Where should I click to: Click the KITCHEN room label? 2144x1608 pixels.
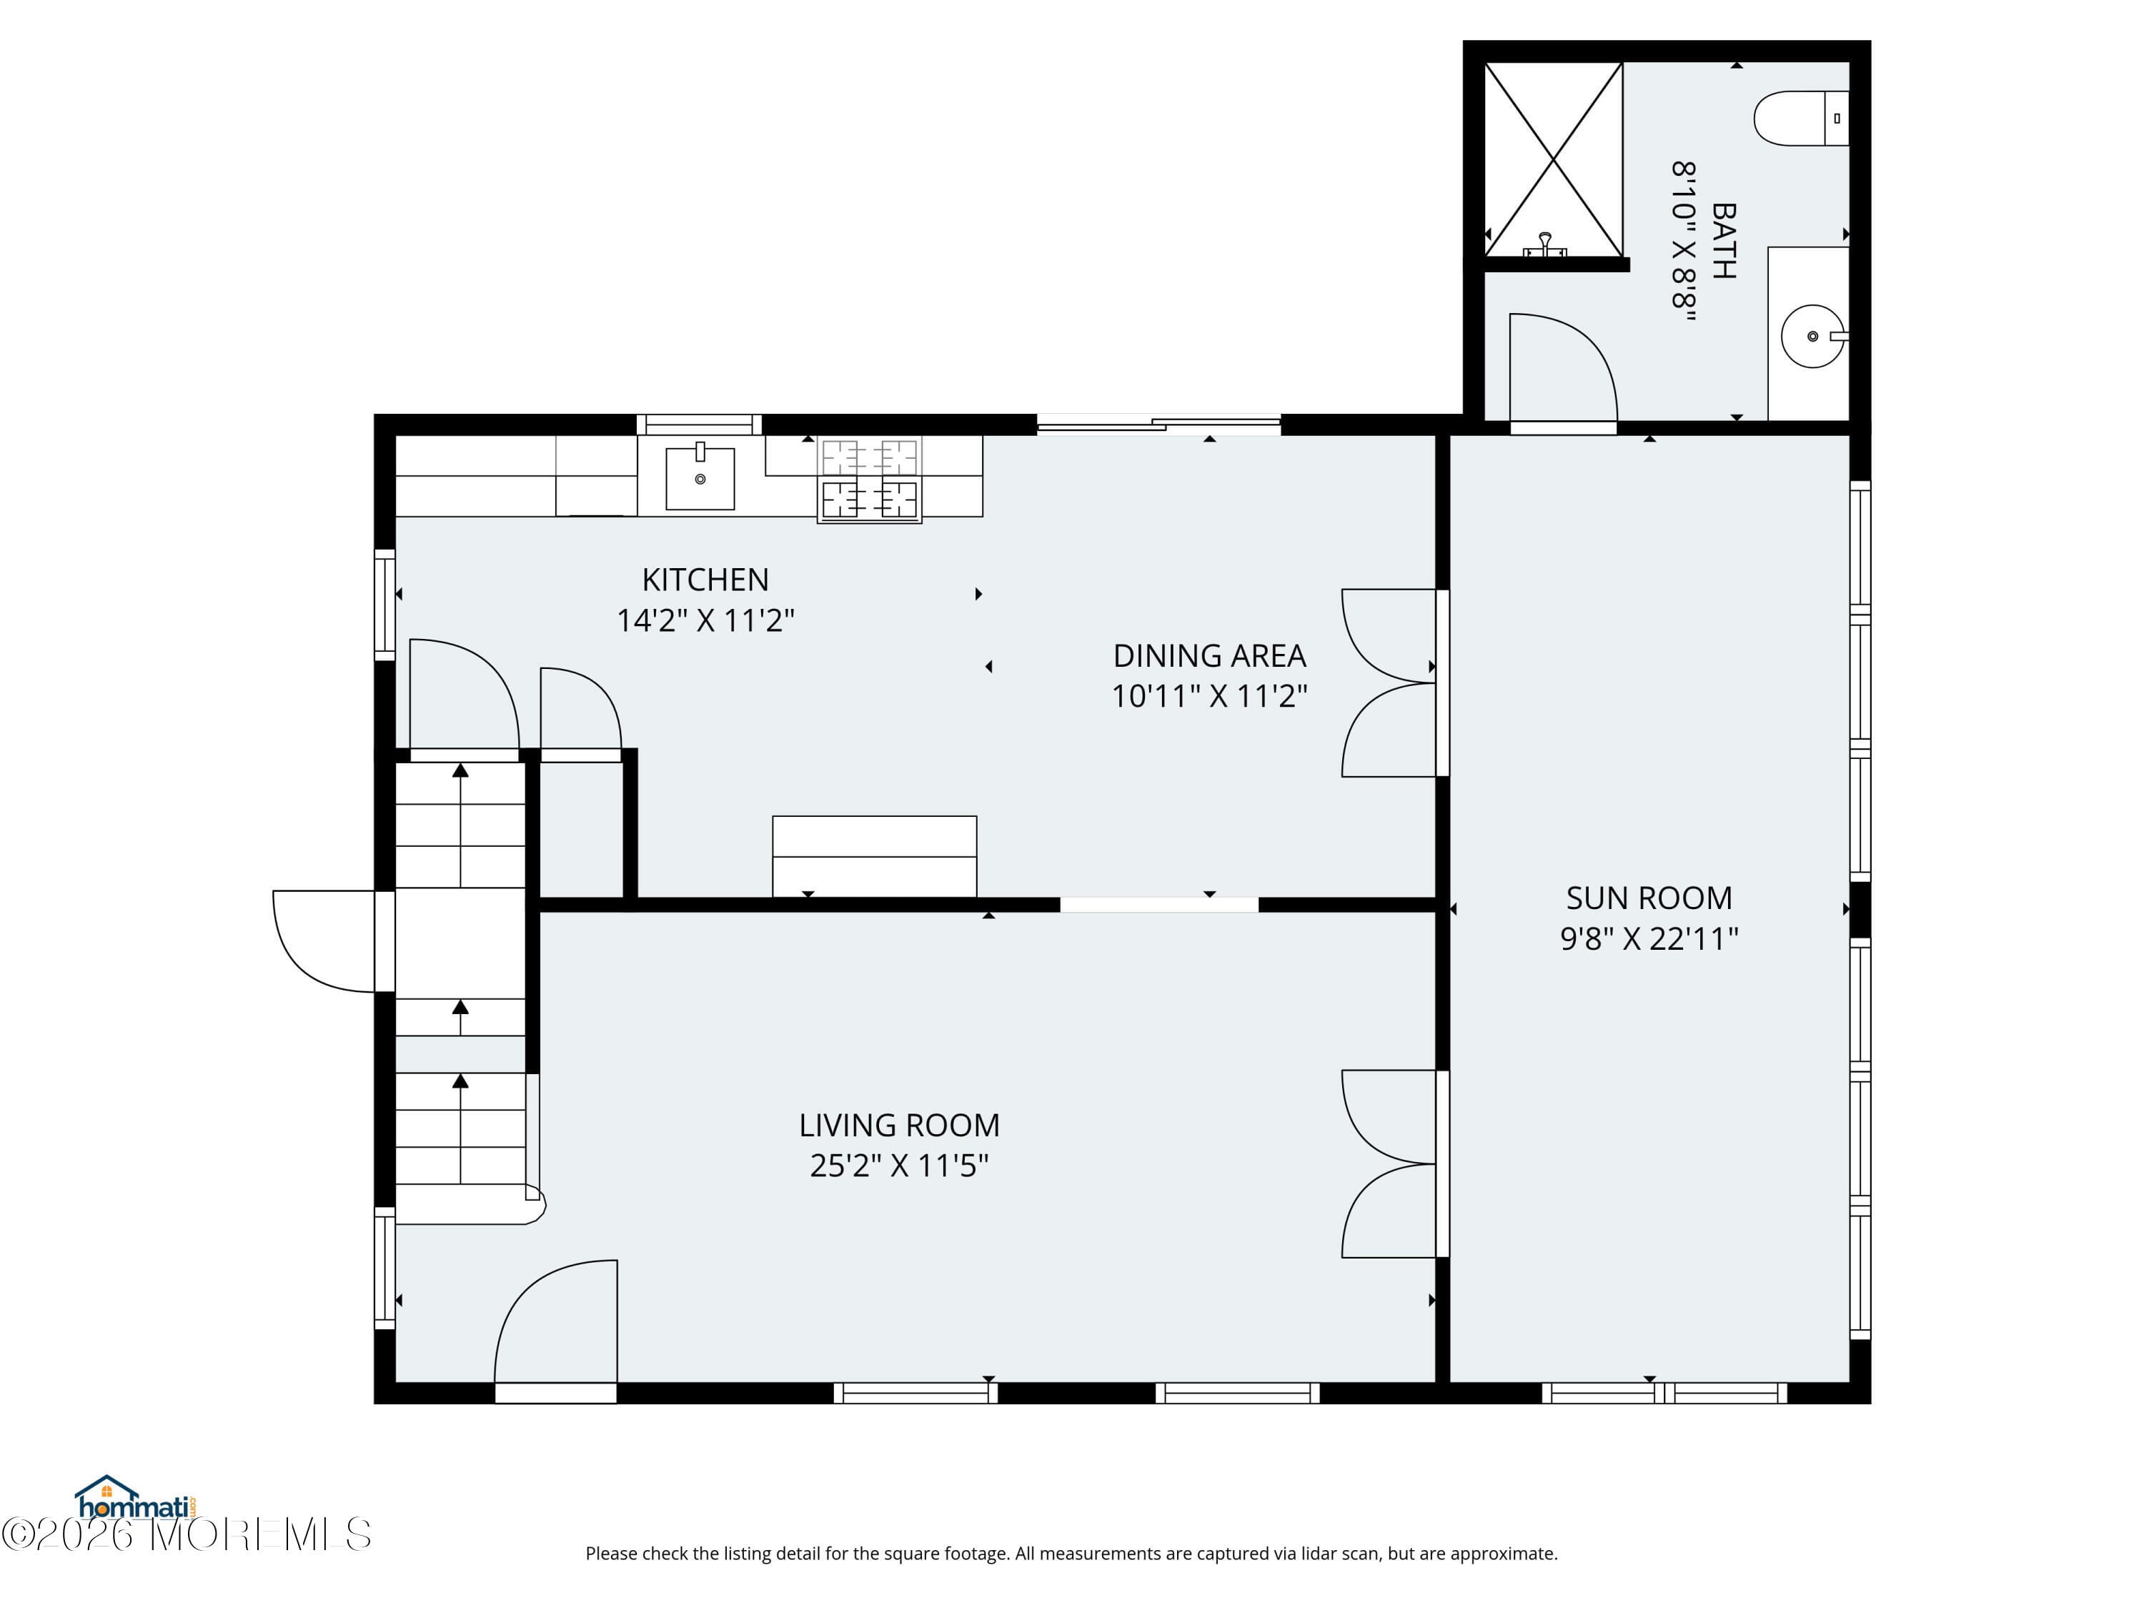pyautogui.click(x=705, y=580)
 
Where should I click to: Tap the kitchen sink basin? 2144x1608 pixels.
pyautogui.click(x=700, y=479)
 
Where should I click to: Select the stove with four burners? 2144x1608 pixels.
pyautogui.click(x=870, y=481)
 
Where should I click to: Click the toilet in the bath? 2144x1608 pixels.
pyautogui.click(x=1800, y=118)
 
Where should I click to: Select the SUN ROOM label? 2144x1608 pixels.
pyautogui.click(x=1649, y=898)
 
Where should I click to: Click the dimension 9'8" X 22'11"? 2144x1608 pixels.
pyautogui.click(x=1649, y=938)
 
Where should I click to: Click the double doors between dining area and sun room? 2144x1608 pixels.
pyautogui.click(x=1388, y=683)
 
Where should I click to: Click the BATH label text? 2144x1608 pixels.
pyautogui.click(x=1723, y=240)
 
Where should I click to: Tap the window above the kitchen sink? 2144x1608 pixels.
pyautogui.click(x=699, y=425)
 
